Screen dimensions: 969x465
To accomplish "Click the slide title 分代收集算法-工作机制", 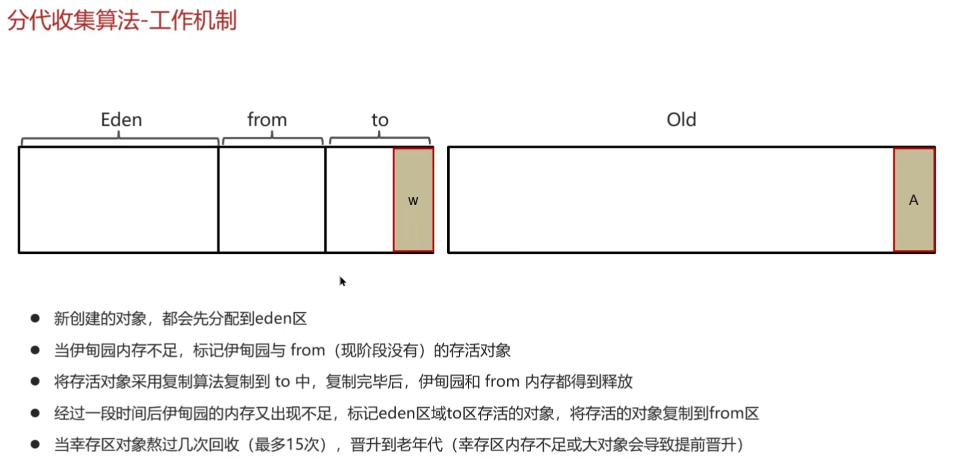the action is click(x=122, y=20).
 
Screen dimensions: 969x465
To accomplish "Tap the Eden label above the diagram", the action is click(x=121, y=120).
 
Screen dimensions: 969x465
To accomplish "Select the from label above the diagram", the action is click(x=267, y=120).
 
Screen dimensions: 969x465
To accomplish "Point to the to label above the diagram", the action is click(x=380, y=121).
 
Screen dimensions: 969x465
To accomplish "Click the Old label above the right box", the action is click(x=681, y=120).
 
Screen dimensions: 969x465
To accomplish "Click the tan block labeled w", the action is click(x=413, y=200).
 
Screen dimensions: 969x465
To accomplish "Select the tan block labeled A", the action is click(x=914, y=200).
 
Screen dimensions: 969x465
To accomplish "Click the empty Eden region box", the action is click(x=119, y=200).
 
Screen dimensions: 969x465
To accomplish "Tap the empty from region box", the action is click(x=272, y=200).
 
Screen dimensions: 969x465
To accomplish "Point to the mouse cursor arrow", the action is click(x=342, y=281).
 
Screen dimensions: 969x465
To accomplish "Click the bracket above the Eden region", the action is click(x=119, y=140).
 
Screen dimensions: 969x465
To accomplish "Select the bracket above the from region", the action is click(x=272, y=140).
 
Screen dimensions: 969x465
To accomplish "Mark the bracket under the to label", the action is click(x=379, y=140).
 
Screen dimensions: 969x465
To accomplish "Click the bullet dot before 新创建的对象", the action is click(x=35, y=318).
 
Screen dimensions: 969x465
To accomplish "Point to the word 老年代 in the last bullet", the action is click(x=419, y=445).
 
